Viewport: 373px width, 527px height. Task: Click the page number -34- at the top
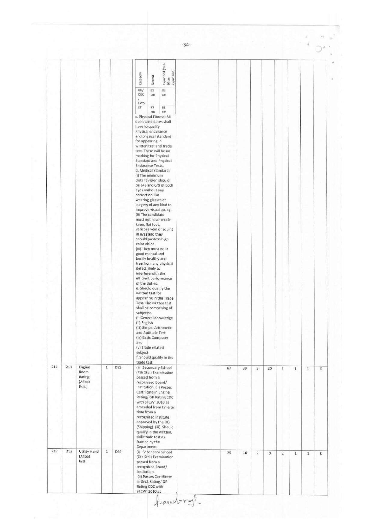[186, 45]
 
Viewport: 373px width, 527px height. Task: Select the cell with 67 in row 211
[229, 368]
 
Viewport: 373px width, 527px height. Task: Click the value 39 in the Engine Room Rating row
[245, 368]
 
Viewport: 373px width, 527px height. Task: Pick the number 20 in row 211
[270, 368]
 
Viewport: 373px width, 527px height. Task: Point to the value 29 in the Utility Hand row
[229, 453]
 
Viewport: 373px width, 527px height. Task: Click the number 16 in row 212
[245, 453]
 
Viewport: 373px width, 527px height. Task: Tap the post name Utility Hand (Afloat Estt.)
[88, 456]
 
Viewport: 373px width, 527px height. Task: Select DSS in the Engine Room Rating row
[118, 367]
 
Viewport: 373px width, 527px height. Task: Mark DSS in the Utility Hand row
[118, 452]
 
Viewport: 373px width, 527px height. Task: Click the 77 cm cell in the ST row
[152, 109]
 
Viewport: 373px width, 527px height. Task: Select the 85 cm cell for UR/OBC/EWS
[164, 92]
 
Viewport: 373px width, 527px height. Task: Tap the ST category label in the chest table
[140, 107]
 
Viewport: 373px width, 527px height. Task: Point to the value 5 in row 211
[283, 368]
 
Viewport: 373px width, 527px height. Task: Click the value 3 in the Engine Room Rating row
[257, 368]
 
